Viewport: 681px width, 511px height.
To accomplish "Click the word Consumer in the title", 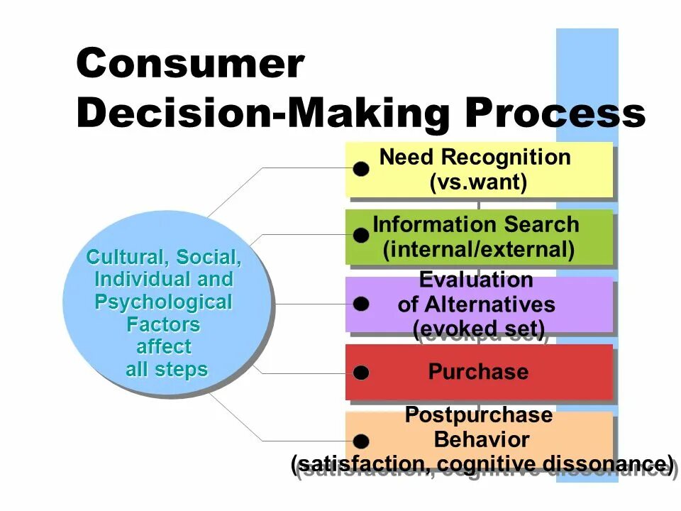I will coord(189,65).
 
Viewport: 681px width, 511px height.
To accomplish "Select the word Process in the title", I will coord(555,114).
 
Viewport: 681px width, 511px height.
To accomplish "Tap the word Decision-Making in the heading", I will coord(262,114).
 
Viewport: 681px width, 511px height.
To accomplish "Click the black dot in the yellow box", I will coord(361,169).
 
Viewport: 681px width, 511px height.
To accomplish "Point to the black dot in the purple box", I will coord(361,304).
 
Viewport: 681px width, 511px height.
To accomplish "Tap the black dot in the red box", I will coord(361,373).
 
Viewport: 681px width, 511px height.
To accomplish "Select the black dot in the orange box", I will coord(361,441).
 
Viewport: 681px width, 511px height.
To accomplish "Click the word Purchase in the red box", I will coord(478,372).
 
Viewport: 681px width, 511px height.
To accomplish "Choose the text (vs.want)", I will coord(478,182).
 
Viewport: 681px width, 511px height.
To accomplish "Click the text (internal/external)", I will coord(478,250).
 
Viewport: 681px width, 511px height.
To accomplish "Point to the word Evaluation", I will coord(476,280).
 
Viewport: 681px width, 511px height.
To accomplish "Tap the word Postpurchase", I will coord(478,415).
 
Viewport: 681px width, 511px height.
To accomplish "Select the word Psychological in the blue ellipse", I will coord(164,302).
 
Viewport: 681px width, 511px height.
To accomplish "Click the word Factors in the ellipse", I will coord(164,325).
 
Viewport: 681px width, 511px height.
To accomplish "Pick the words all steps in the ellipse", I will coord(167,370).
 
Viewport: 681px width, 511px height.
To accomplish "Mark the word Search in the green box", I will coord(542,225).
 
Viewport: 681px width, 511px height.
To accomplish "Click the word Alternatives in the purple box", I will coord(489,305).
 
